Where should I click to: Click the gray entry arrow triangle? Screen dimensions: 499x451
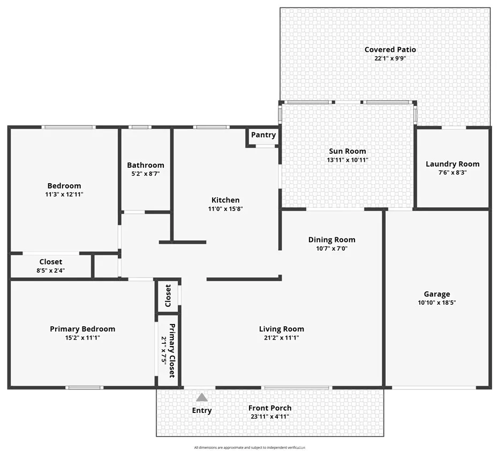point(201,397)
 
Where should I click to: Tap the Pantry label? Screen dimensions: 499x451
point(263,135)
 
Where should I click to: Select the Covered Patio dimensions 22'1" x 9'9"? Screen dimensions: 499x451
point(390,58)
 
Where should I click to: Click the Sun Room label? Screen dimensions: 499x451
point(347,151)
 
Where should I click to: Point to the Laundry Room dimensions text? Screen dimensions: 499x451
point(452,172)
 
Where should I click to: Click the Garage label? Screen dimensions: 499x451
point(437,295)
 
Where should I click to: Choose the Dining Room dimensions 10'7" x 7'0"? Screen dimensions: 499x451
point(331,249)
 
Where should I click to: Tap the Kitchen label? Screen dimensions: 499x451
point(225,200)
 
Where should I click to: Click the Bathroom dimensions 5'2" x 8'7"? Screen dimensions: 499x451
point(146,174)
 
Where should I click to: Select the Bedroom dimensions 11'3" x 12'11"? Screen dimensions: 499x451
point(64,194)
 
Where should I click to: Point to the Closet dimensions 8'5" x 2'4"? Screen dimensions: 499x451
point(51,270)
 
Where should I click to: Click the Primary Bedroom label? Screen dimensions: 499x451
point(82,329)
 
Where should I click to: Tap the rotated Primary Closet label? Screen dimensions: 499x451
point(172,351)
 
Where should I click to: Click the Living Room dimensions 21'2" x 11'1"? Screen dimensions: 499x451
point(281,337)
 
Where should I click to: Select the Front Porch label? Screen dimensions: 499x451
point(270,408)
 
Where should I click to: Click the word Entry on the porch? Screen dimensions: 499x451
point(202,411)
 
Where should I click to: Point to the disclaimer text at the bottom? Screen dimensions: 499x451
point(249,447)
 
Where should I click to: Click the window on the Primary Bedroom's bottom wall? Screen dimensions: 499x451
point(85,388)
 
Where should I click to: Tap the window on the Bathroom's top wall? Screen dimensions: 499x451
point(140,127)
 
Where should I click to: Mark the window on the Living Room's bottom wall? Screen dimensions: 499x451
point(297,388)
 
